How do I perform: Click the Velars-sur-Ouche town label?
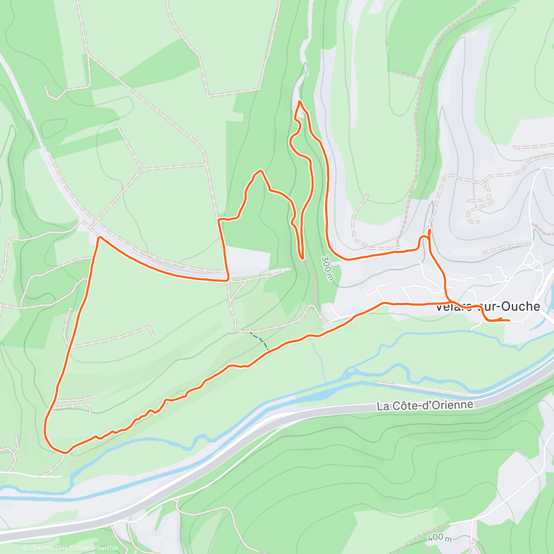[x=488, y=307]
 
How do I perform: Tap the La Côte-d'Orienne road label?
[x=425, y=405]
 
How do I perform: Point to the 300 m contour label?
[x=328, y=268]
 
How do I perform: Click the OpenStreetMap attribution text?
[x=96, y=548]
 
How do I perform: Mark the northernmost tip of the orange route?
[x=300, y=101]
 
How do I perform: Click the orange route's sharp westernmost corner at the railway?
[x=99, y=237]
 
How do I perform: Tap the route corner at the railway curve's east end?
[x=228, y=279]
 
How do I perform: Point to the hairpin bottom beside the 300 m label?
[x=302, y=258]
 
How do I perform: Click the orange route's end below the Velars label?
[x=509, y=320]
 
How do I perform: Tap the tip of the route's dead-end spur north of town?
[x=430, y=230]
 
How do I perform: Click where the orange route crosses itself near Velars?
[x=447, y=302]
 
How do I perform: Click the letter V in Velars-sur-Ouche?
[x=440, y=307]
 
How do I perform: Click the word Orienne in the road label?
[x=455, y=404]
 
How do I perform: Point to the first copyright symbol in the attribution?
[x=26, y=548]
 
